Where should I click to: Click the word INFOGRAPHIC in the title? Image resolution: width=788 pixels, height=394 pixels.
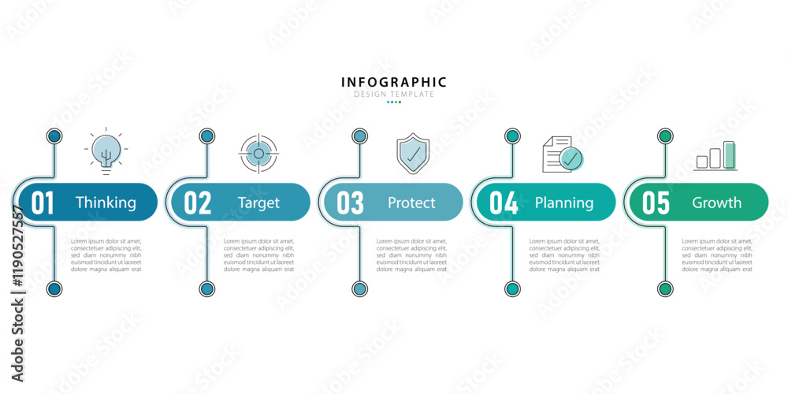[394, 82]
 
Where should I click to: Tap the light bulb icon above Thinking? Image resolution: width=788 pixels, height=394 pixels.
[106, 151]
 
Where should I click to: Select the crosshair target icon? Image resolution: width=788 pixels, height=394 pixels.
[258, 153]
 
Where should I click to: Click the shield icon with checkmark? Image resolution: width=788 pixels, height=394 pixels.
[412, 153]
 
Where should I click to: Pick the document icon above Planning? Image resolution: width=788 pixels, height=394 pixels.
[561, 154]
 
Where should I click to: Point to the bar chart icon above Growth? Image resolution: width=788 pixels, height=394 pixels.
[716, 155]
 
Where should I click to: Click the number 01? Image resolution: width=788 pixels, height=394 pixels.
[43, 203]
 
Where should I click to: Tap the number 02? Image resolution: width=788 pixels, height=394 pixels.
[198, 203]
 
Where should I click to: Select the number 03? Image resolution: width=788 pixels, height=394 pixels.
[350, 203]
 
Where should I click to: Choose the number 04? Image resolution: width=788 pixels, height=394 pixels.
[504, 203]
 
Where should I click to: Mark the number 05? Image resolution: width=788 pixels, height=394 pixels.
[656, 203]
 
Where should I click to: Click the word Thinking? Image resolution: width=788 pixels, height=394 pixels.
[106, 203]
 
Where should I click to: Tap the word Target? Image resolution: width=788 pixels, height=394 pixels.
[258, 203]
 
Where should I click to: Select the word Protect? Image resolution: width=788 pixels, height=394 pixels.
[411, 203]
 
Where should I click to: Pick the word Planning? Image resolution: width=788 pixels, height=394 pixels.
[564, 203]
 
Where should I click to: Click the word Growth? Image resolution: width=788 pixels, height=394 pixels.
[716, 203]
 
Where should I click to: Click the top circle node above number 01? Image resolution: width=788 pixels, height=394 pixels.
[54, 136]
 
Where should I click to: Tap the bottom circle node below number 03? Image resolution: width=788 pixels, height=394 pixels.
[359, 288]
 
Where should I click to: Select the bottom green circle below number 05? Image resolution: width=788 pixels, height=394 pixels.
[665, 288]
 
